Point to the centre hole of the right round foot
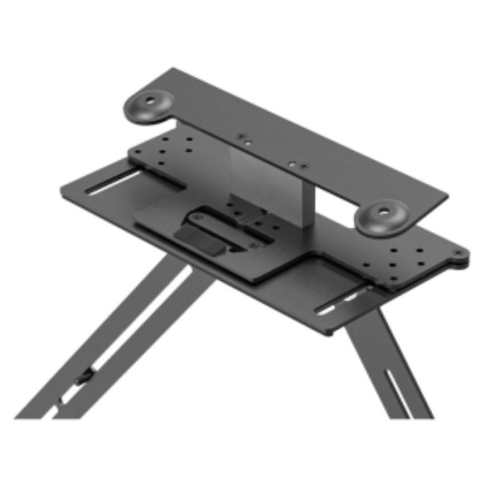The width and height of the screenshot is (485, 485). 384,213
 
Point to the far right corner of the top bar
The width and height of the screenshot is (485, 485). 447,197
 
